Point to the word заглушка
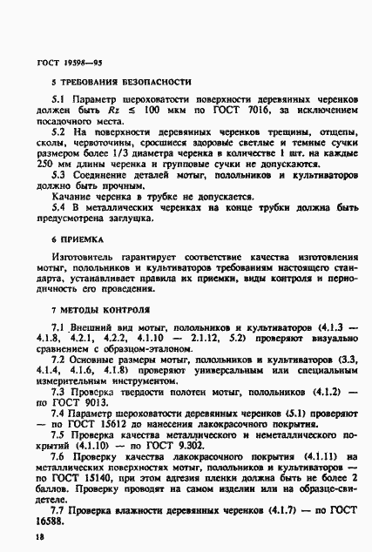140,220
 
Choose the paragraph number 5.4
58,209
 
